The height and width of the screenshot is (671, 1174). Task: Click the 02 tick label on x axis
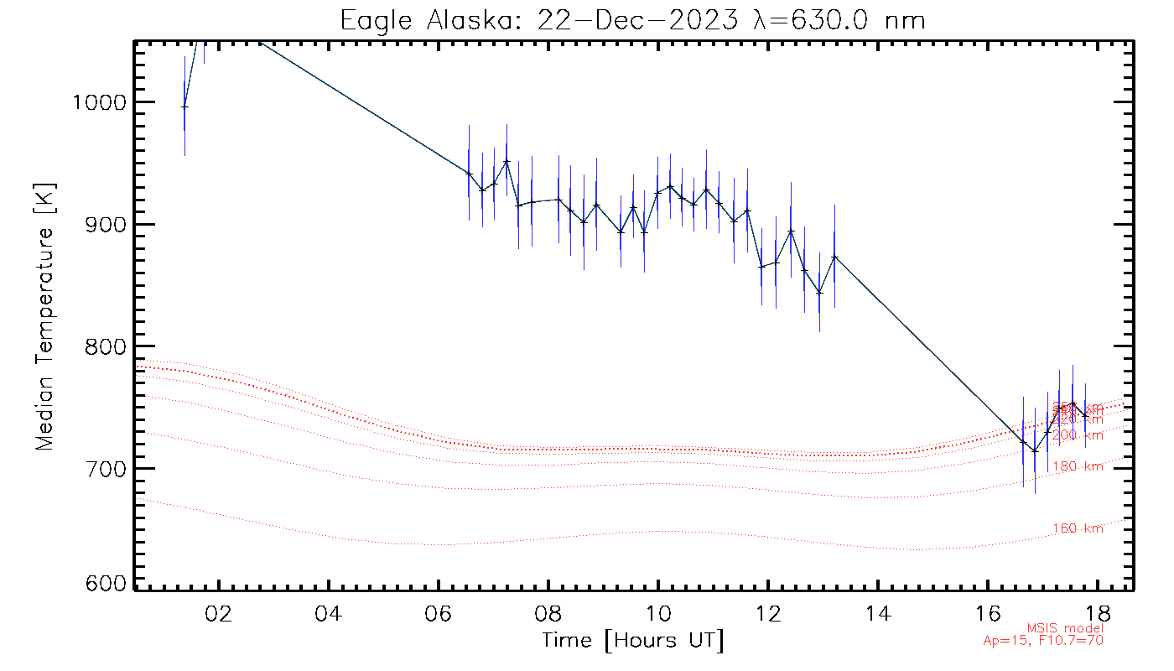click(219, 611)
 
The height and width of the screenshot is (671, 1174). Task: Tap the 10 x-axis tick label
click(658, 611)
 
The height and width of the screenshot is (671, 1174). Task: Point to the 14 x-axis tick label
click(878, 611)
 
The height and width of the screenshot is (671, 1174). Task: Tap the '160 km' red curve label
click(1078, 528)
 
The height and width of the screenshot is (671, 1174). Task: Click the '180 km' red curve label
click(1078, 466)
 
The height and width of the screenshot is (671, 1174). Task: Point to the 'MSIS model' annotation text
click(1065, 628)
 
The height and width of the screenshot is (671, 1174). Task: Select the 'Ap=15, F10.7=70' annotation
click(1043, 641)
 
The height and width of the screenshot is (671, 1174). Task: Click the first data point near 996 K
click(184, 106)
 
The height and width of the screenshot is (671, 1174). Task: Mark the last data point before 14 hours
click(834, 256)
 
